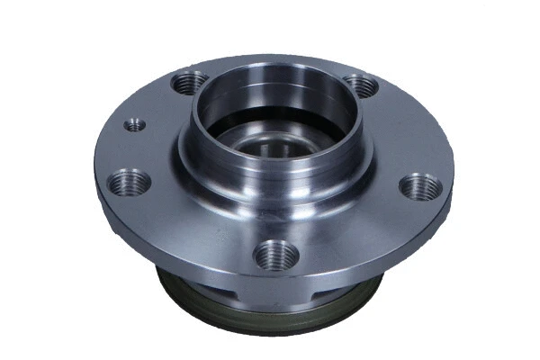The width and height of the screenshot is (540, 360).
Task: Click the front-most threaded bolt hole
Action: click(276, 255)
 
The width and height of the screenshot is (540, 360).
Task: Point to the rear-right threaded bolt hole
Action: click(360, 86)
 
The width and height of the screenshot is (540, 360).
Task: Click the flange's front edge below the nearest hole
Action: click(274, 279)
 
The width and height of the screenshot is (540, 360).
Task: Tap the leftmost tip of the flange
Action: click(95, 171)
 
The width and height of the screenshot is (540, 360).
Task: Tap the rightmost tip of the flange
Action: click(453, 175)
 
